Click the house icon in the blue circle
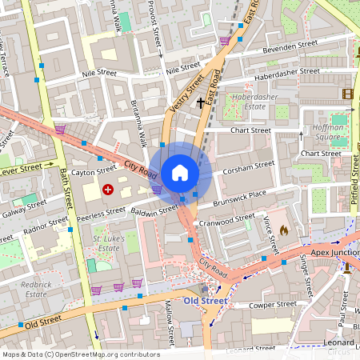point(180,172)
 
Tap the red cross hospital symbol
point(108,190)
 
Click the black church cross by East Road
point(200,102)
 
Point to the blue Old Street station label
point(206,301)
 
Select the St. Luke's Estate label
point(106,243)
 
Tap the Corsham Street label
point(249,168)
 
